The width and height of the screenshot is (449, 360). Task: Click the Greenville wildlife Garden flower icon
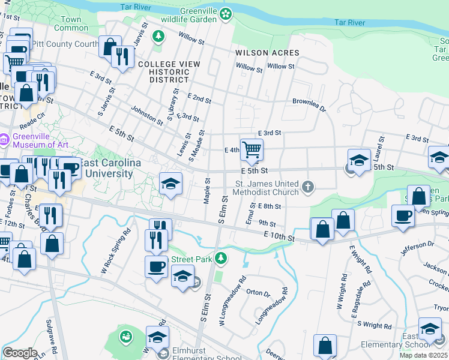(226, 13)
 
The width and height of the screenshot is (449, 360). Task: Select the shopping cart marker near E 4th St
(252, 150)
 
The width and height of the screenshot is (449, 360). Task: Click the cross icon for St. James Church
(308, 188)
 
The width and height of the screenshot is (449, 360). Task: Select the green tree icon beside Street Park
(221, 259)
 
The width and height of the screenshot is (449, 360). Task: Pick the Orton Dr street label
(258, 293)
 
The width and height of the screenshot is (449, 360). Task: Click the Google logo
(20, 352)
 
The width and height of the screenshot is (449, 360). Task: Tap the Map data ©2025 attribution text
(423, 355)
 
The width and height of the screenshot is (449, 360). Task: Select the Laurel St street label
(379, 144)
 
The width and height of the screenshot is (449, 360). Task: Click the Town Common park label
(71, 23)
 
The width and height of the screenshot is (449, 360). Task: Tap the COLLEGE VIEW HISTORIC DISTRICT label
(164, 71)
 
